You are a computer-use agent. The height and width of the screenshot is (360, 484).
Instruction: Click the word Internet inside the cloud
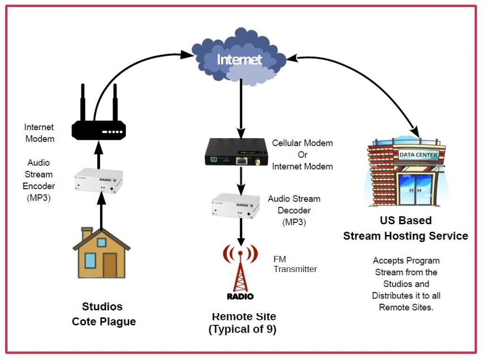[x=239, y=60]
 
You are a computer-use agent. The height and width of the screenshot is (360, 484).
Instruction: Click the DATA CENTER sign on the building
[x=418, y=155]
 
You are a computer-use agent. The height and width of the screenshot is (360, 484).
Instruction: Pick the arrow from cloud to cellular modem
[x=241, y=106]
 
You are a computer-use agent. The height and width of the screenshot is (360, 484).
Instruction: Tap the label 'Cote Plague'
[x=104, y=322]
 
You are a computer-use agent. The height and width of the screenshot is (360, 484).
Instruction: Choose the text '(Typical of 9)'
[x=242, y=330]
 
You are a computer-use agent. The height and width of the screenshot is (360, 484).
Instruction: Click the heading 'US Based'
[x=406, y=220]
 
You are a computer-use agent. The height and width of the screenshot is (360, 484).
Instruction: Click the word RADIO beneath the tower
[x=240, y=296]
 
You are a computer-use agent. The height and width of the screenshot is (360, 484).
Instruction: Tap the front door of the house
[x=110, y=265]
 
